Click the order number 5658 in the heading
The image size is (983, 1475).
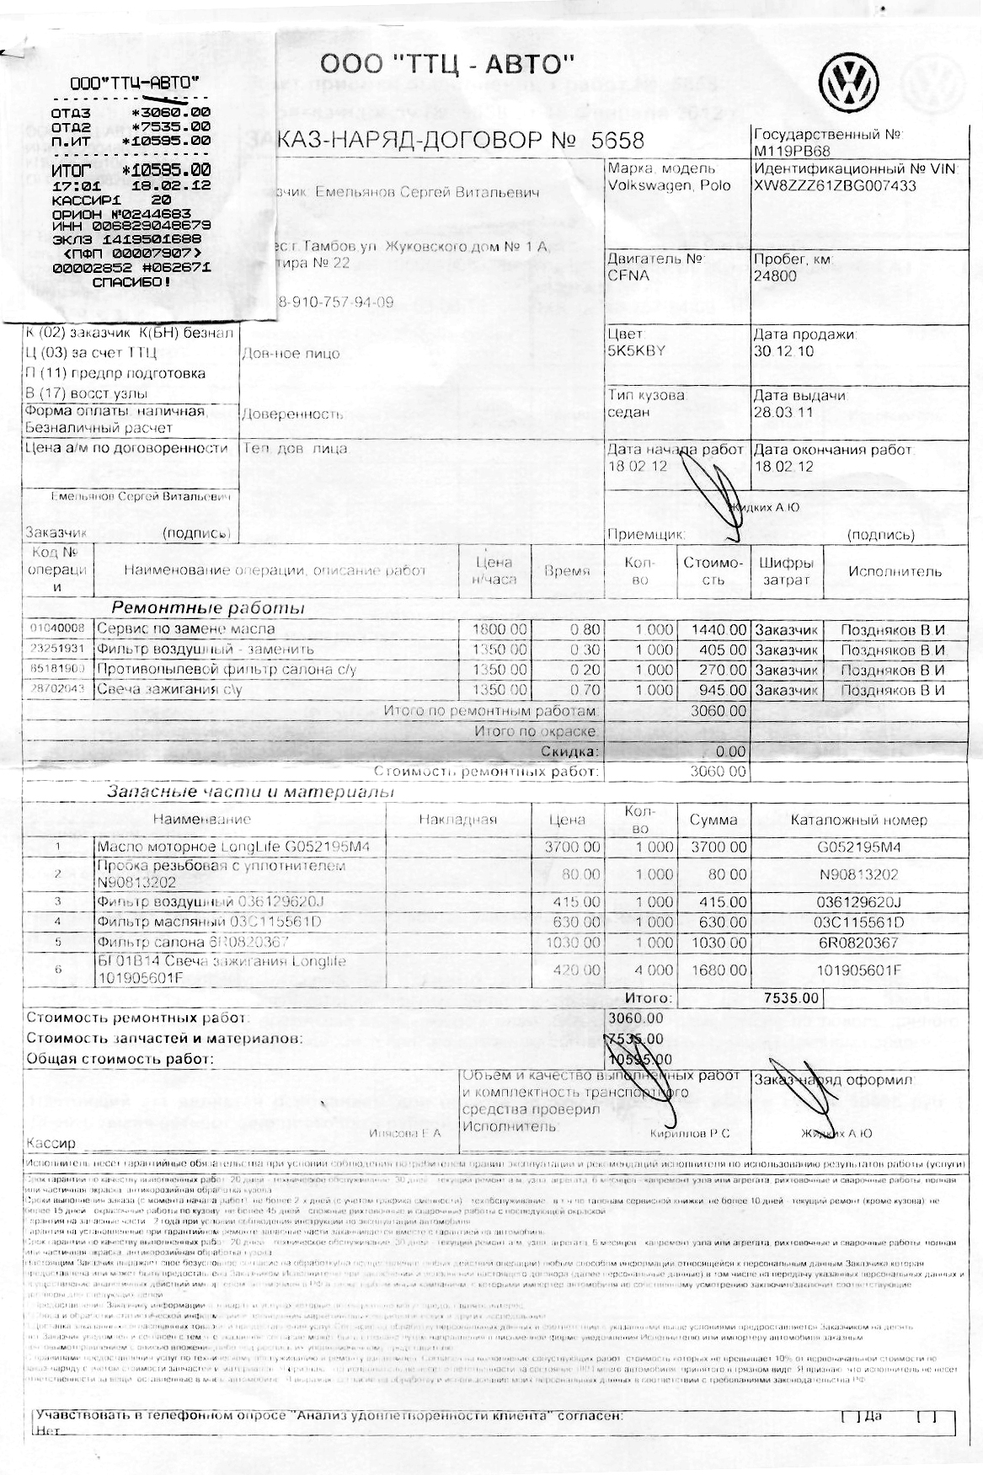(617, 141)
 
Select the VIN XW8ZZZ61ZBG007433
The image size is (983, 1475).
(835, 186)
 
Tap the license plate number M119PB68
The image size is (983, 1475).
(792, 151)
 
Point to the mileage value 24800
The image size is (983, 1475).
(775, 275)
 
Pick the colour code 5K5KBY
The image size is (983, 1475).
(636, 351)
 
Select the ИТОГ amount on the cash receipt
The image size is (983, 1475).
(167, 170)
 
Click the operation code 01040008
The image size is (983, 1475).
(57, 629)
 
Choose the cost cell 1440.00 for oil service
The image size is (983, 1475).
(718, 629)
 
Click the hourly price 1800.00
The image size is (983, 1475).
(500, 629)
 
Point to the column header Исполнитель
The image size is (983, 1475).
(895, 572)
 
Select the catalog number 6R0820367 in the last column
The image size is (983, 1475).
(858, 943)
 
